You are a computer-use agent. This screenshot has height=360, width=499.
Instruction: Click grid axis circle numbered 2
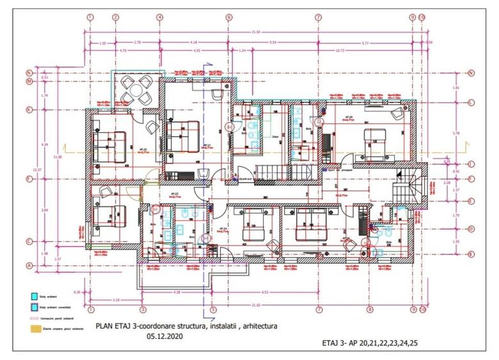[x=116, y=17]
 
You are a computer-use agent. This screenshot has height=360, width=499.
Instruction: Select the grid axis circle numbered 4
[x=159, y=17]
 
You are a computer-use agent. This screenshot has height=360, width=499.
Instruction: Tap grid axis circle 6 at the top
[x=228, y=17]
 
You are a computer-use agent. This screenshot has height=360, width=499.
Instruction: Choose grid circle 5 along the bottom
[x=213, y=309]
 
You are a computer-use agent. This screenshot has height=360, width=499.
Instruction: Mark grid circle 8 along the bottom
[x=370, y=309]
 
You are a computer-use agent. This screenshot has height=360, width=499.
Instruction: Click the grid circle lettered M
[x=29, y=82]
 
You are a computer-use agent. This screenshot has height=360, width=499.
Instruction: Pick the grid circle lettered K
[x=29, y=109]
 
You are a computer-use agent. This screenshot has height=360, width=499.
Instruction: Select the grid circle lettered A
[x=29, y=265]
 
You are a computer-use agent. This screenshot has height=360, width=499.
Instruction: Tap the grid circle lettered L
[x=470, y=102]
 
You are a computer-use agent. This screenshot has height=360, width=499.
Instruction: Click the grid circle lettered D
[x=470, y=229]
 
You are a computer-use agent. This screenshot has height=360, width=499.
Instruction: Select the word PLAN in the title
[x=104, y=325]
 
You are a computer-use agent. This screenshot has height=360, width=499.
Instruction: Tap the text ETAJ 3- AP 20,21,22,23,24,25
[x=373, y=343]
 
